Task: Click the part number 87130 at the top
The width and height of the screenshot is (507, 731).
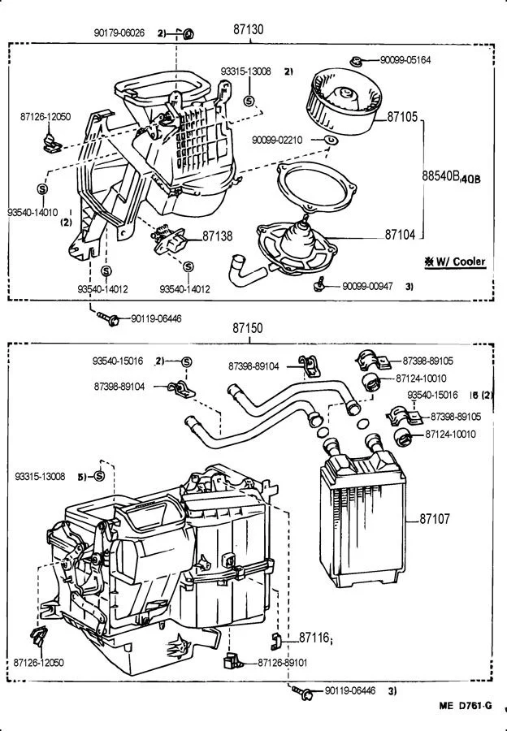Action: pos(248,29)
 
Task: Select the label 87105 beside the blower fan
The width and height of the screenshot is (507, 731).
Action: pos(402,116)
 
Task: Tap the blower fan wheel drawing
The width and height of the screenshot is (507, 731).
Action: pos(344,101)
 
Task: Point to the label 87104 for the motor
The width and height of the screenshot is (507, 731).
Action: pos(400,234)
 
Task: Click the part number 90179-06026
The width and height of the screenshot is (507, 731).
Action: pos(119,32)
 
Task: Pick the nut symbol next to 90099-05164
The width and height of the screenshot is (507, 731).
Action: pos(357,61)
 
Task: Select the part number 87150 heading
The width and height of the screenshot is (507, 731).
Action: pos(248,328)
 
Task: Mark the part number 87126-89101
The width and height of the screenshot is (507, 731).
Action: pos(283,663)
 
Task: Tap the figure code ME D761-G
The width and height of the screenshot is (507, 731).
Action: pos(466,705)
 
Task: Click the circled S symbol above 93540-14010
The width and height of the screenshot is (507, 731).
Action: pos(42,188)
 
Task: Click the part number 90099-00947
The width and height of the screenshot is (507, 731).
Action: pos(367,286)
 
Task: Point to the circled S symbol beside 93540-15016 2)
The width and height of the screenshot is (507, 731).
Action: pos(187,361)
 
